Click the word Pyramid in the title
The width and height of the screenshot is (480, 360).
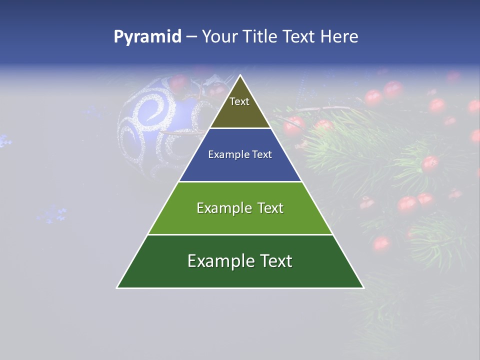click(x=147, y=37)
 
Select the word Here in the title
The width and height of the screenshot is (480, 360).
click(x=339, y=37)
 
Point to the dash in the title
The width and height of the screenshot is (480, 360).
click(x=191, y=37)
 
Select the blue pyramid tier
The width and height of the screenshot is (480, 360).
click(x=240, y=163)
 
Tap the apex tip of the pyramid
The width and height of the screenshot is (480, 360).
click(x=240, y=76)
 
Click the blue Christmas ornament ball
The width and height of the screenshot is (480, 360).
click(x=150, y=125)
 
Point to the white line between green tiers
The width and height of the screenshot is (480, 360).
click(x=240, y=234)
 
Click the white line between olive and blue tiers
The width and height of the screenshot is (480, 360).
click(x=240, y=128)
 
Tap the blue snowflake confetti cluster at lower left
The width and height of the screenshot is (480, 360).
click(x=52, y=214)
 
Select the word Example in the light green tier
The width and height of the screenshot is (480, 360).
click(x=219, y=208)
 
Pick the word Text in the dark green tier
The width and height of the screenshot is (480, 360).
click(x=274, y=261)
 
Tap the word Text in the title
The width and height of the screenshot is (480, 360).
click(x=299, y=37)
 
